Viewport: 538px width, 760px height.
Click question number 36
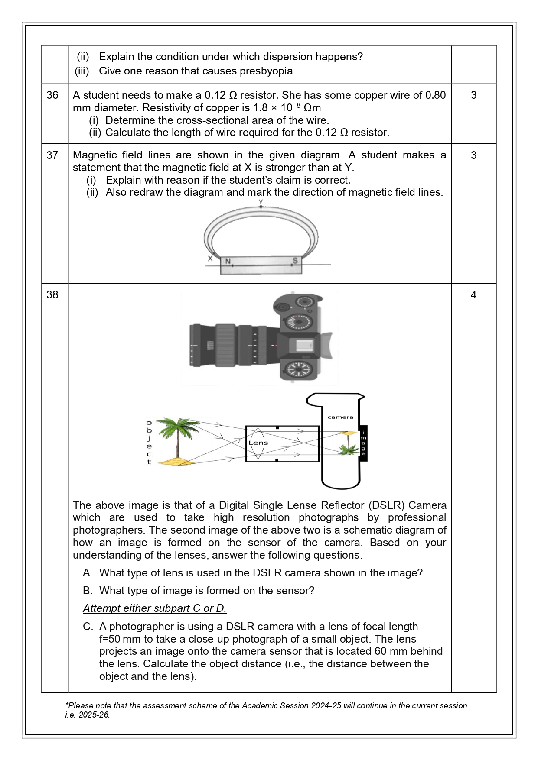(52, 95)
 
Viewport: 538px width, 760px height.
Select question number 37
(52, 155)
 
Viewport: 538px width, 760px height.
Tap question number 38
(52, 295)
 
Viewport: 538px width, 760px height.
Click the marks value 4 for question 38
(473, 295)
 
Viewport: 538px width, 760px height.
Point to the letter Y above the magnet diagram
(261, 202)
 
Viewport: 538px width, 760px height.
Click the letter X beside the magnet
(210, 259)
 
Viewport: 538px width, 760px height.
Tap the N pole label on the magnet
(228, 261)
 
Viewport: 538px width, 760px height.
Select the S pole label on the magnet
(295, 261)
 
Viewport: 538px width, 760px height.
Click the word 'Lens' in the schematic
(259, 443)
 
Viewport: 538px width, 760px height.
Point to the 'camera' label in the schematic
(340, 417)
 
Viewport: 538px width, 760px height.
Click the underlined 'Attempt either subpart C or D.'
(155, 608)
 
